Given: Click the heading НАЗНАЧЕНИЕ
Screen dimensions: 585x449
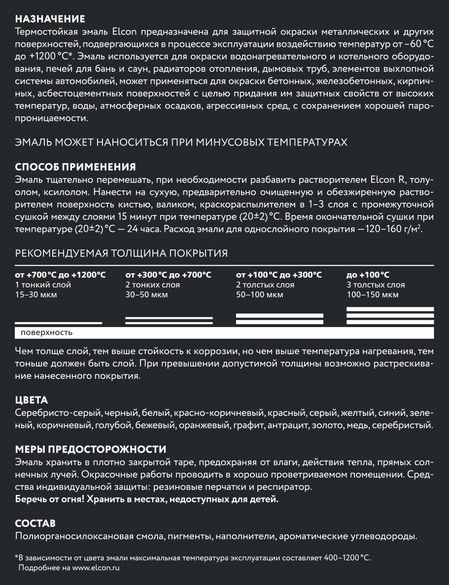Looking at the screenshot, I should click(x=50, y=19).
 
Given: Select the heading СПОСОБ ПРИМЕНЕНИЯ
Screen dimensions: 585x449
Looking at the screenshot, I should click(x=75, y=167).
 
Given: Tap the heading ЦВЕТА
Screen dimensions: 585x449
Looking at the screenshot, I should click(x=32, y=400).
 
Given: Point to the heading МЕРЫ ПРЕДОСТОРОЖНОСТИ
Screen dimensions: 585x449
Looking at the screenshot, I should click(x=91, y=449).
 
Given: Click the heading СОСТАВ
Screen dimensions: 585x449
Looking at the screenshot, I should click(x=35, y=523).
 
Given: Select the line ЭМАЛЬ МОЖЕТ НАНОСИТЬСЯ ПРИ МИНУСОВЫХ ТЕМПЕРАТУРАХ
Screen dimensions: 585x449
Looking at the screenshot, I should click(x=181, y=142).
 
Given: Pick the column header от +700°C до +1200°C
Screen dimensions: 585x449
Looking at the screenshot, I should click(x=60, y=275).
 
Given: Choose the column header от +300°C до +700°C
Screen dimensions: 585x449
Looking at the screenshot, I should click(x=168, y=275).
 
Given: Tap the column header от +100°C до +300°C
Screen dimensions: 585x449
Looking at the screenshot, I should click(x=279, y=275).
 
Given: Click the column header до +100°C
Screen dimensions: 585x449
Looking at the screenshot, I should click(x=368, y=275).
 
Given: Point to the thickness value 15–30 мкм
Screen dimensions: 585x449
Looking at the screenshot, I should click(x=36, y=295).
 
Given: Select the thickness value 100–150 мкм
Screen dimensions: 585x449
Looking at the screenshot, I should click(x=373, y=295).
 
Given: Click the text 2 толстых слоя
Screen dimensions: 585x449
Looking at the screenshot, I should click(x=265, y=285).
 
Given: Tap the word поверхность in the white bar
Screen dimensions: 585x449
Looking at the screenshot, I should click(x=46, y=332).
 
